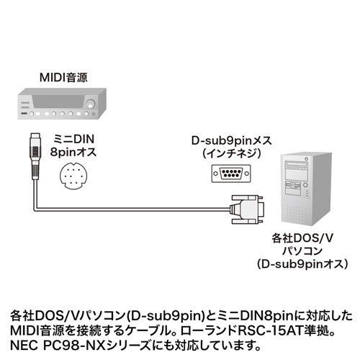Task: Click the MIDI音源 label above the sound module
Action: pyautogui.click(x=63, y=78)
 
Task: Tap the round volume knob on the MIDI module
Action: pyautogui.click(x=91, y=104)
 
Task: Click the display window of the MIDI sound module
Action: pyautogui.click(x=58, y=102)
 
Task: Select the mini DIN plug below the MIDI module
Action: pyautogui.click(x=35, y=156)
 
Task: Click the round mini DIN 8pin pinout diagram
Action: pyautogui.click(x=73, y=176)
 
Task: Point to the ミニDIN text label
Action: pyautogui.click(x=73, y=139)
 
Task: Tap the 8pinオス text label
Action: pyautogui.click(x=73, y=152)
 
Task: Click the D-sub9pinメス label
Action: pyautogui.click(x=231, y=140)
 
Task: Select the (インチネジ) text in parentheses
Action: pyautogui.click(x=231, y=153)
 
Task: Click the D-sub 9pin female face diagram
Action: pyautogui.click(x=231, y=174)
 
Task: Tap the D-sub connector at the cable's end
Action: pyautogui.click(x=247, y=210)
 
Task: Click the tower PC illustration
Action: pyautogui.click(x=307, y=189)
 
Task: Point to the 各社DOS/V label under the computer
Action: pyautogui.click(x=302, y=238)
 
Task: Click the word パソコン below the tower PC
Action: pyautogui.click(x=302, y=251)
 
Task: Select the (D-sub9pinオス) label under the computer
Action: pyautogui.click(x=302, y=264)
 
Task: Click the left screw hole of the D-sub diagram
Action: pyautogui.click(x=216, y=174)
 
